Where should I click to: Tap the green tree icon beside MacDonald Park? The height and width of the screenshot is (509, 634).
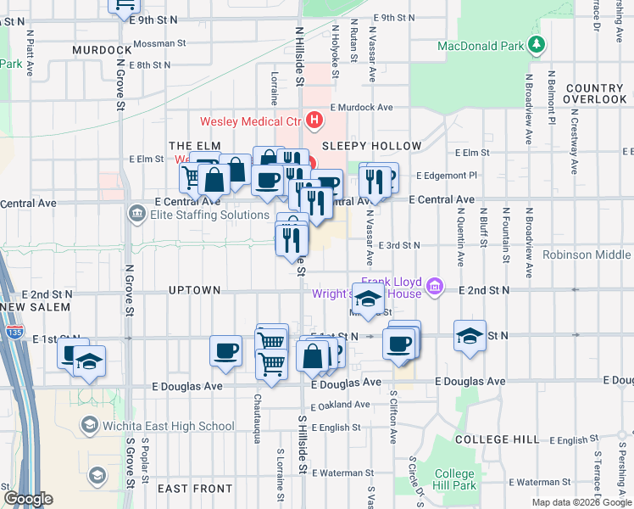536,43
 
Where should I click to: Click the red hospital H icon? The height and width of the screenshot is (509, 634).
314,120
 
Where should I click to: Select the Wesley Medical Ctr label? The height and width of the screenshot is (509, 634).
250,121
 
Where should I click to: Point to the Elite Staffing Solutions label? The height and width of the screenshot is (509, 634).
209,215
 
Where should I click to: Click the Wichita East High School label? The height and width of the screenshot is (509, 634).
168,426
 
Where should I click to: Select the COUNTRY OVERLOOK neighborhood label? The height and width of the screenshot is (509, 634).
594,93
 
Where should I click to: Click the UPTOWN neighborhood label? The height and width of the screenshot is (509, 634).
194,290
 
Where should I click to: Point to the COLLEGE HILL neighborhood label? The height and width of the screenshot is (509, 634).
496,439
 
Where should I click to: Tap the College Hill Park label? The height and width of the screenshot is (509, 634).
455,479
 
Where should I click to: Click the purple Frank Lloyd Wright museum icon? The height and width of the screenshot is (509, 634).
436,287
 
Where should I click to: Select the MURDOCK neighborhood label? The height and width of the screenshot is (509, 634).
102,50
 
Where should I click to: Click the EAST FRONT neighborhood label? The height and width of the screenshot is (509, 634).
195,489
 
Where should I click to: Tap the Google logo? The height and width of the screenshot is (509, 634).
27,499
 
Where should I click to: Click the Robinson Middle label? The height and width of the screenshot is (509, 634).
587,255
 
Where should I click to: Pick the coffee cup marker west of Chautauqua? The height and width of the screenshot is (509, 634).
226,350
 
